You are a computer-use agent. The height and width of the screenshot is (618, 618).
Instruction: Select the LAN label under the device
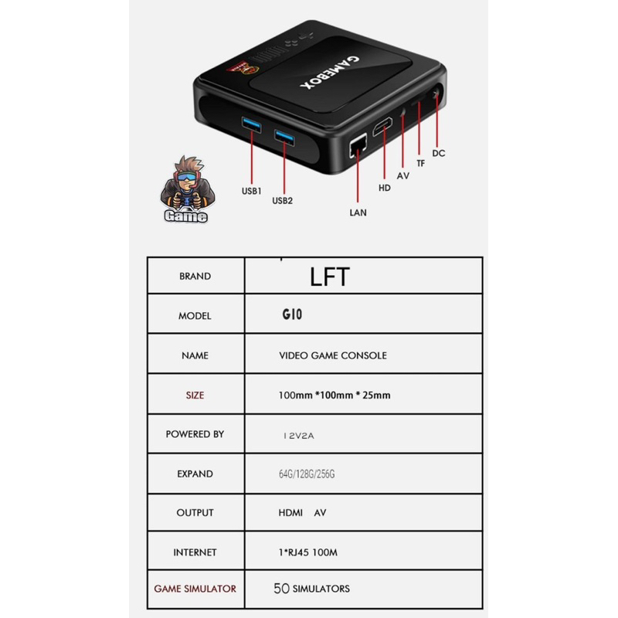point(358,212)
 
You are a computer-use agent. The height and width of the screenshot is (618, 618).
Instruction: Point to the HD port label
point(383,187)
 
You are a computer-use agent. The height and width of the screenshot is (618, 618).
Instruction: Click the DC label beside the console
point(439,153)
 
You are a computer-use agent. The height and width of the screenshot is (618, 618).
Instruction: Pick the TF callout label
point(421,163)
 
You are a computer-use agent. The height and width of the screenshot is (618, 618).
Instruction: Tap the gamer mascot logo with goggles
point(186,191)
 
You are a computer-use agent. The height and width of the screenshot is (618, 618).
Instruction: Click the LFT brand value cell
point(330,277)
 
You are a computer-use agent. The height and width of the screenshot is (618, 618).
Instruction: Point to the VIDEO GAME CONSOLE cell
point(332,355)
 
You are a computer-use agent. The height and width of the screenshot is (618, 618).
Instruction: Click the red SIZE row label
point(195,395)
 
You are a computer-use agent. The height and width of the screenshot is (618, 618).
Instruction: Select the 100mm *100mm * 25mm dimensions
point(334,396)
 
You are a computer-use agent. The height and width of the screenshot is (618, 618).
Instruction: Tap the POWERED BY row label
point(195,434)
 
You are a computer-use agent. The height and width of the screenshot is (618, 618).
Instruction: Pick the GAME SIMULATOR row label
point(195,589)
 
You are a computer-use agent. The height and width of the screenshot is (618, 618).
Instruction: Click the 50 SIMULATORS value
point(311,589)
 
